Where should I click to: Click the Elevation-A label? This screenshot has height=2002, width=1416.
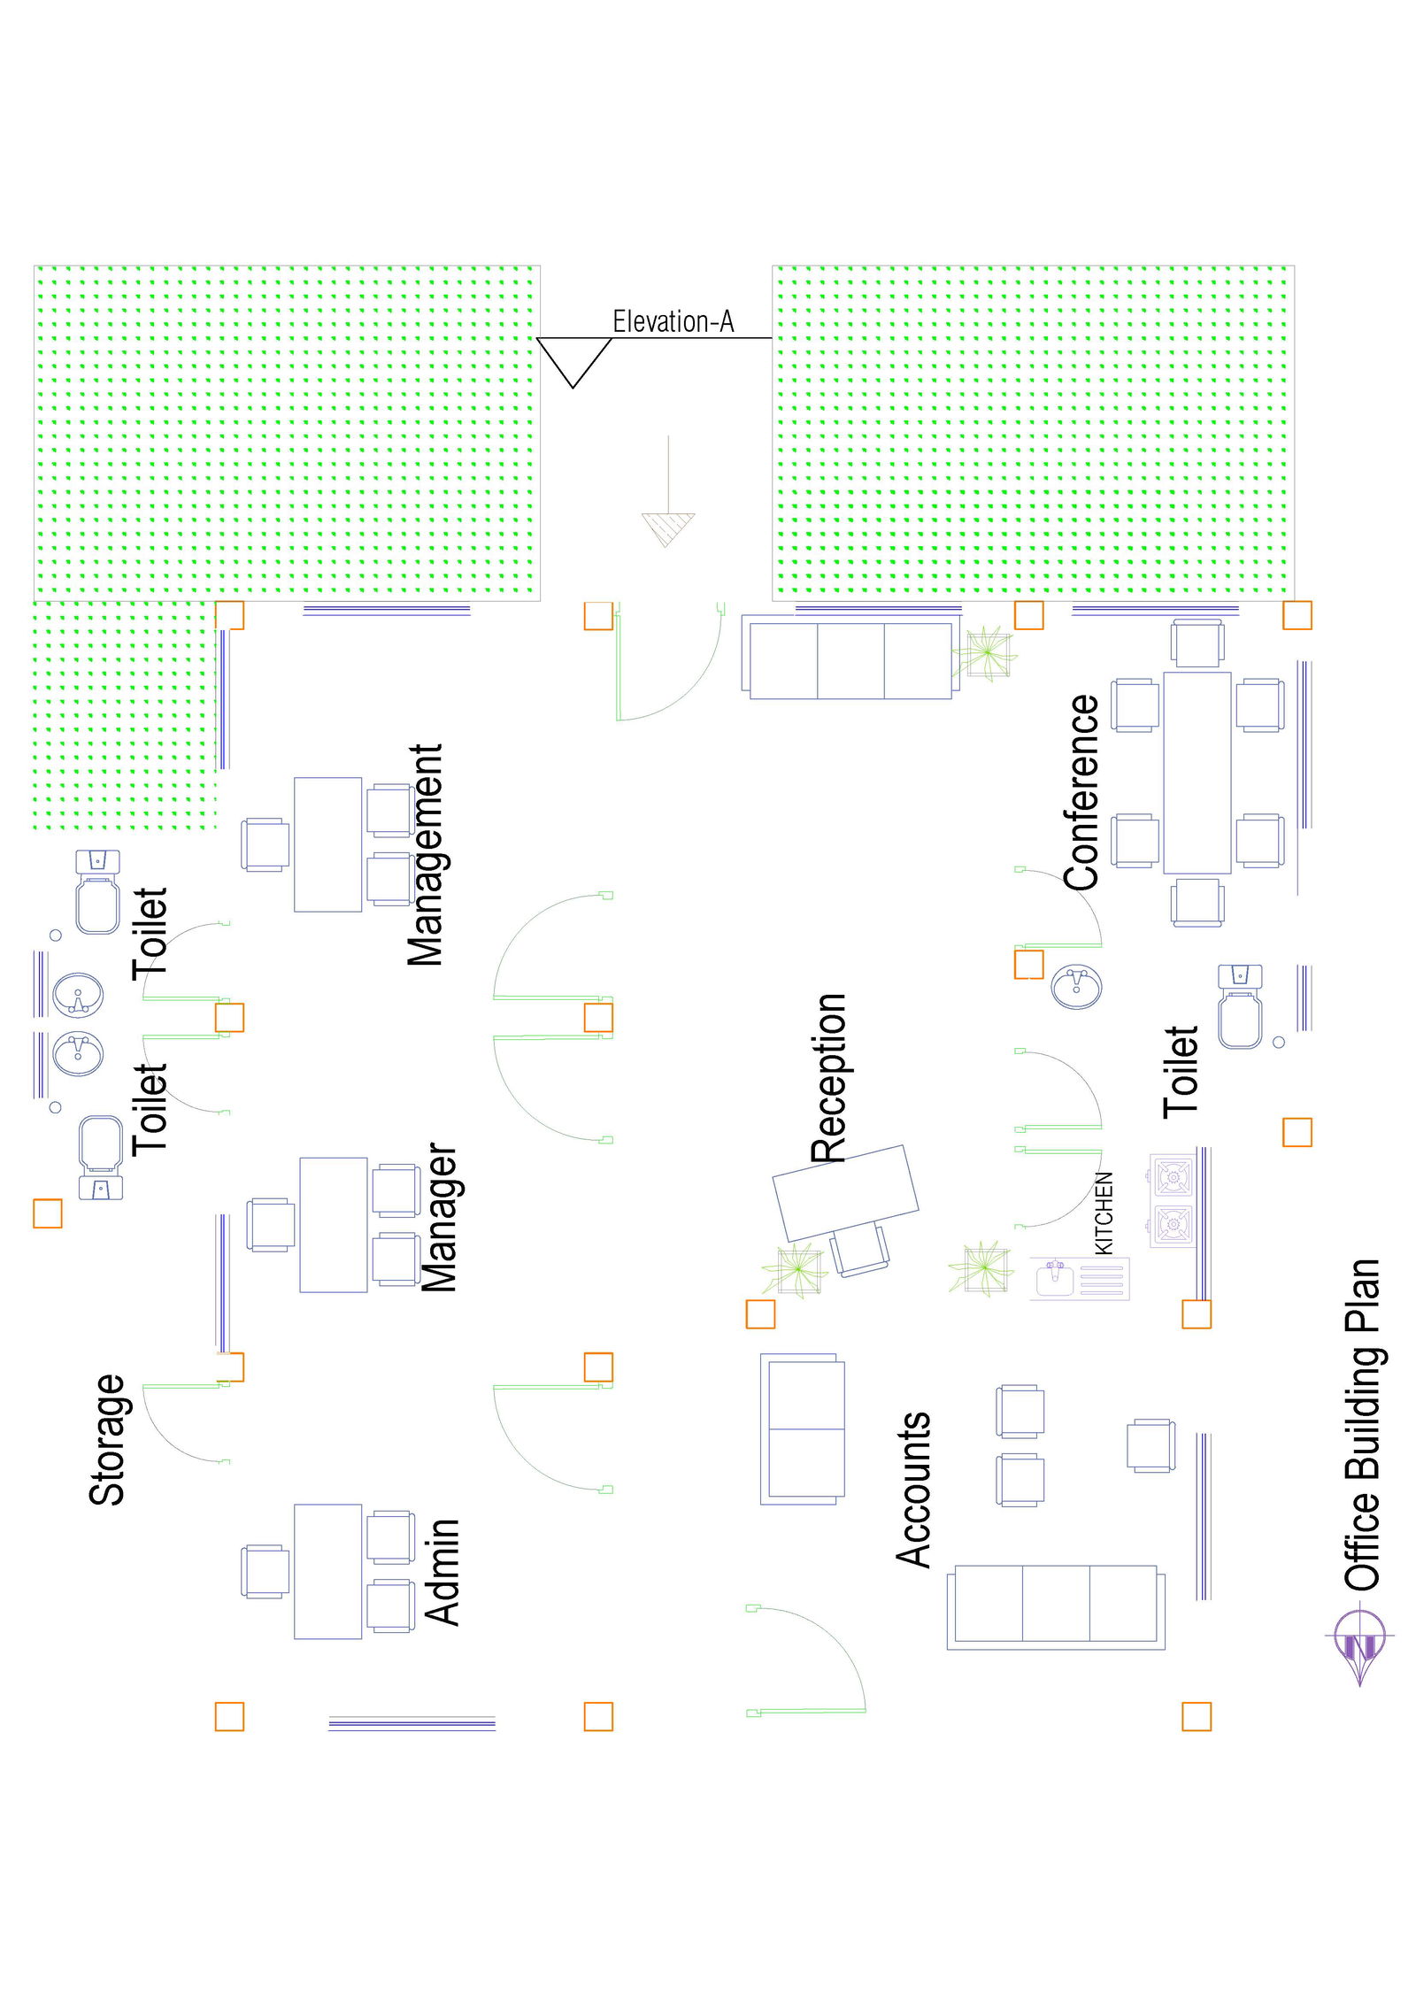[673, 321]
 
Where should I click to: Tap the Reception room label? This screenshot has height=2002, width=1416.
[828, 1077]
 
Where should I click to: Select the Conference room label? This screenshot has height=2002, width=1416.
[1081, 792]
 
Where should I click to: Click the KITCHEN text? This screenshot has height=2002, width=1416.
[1104, 1213]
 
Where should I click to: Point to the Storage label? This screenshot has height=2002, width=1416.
[108, 1440]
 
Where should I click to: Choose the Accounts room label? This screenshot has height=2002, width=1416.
[913, 1490]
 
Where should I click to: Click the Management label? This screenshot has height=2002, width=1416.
[425, 855]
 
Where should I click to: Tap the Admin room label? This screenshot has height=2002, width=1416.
[442, 1573]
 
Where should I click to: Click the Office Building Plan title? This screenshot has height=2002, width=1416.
[1363, 1424]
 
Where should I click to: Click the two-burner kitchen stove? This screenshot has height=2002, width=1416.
[1172, 1200]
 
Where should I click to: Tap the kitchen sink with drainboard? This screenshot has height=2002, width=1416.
[1079, 1279]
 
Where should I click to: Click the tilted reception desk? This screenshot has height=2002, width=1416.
[845, 1192]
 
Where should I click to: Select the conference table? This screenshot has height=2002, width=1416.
[1197, 773]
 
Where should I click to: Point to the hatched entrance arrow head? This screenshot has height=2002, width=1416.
[668, 528]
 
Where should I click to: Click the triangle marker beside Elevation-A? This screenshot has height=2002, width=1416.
[573, 359]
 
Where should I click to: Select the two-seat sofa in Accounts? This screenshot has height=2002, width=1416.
[802, 1428]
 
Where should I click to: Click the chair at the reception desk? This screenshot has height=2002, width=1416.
[859, 1250]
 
